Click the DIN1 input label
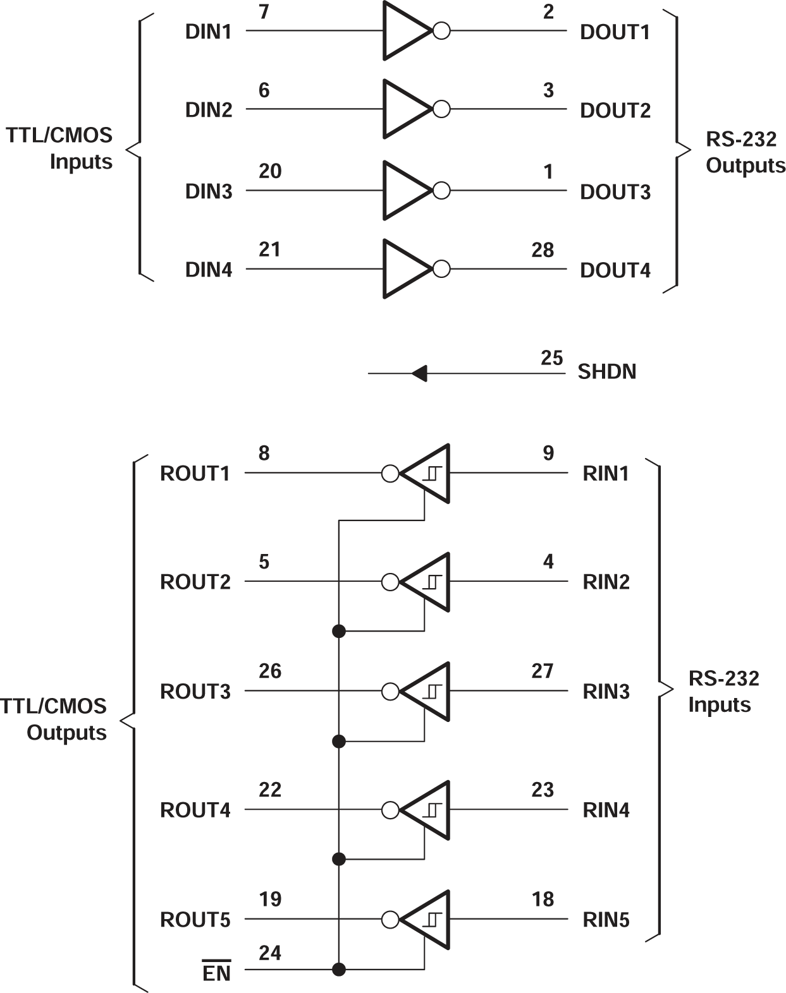[x=208, y=32]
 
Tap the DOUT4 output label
[x=615, y=270]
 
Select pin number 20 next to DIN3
[x=270, y=171]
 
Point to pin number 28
[x=543, y=250]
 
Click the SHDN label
[x=606, y=371]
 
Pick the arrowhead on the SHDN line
[x=419, y=373]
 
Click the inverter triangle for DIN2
[x=405, y=109]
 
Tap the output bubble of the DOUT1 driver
[x=441, y=30]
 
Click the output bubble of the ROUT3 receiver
[x=390, y=691]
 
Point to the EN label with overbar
[x=216, y=973]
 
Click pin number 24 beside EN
[x=270, y=953]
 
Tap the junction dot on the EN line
[x=339, y=969]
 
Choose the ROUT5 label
[x=195, y=920]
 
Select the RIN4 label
[x=606, y=810]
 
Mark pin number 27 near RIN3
[x=543, y=671]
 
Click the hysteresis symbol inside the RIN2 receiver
[x=433, y=582]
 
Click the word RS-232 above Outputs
[x=740, y=139]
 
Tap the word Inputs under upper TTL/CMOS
[x=81, y=162]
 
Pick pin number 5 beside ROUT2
[x=264, y=562]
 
